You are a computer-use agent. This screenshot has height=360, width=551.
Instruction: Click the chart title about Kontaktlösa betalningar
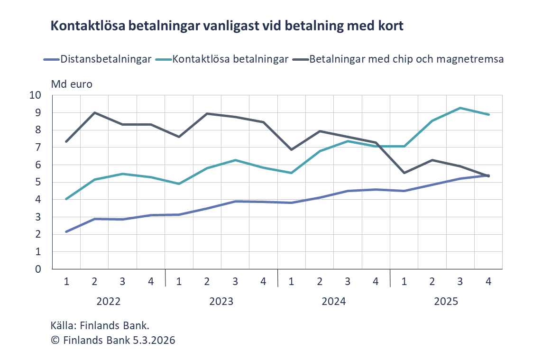227,26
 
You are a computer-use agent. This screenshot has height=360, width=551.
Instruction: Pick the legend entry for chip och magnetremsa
406,59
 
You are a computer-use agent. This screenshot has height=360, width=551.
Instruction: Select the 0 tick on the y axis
38,269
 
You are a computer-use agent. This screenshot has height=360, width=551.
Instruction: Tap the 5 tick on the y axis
38,182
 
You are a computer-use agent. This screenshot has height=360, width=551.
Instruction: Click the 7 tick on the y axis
38,148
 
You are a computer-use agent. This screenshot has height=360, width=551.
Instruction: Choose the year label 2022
109,302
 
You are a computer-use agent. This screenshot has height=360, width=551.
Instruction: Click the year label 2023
221,302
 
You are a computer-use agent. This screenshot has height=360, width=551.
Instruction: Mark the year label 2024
333,302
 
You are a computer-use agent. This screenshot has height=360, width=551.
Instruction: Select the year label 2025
446,302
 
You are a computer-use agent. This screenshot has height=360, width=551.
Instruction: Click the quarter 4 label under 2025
488,281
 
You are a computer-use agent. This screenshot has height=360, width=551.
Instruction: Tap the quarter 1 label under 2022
66,281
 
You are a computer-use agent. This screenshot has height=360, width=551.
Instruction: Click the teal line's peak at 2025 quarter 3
460,108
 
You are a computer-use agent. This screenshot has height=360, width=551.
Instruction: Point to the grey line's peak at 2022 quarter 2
94,112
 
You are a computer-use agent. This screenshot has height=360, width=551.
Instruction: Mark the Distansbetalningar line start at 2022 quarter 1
66,231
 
